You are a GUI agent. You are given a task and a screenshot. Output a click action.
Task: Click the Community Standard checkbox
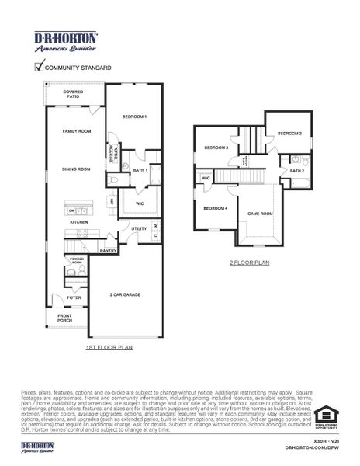click(39, 68)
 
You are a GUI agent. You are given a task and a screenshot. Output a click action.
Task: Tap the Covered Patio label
click(73, 95)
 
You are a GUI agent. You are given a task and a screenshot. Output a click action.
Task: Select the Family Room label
click(77, 132)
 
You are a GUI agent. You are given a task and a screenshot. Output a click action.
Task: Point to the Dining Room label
click(77, 169)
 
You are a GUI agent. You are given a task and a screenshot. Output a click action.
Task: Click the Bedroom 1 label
click(134, 116)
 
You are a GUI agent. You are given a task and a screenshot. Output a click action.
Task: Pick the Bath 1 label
click(140, 169)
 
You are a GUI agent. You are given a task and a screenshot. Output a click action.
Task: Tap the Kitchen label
click(80, 222)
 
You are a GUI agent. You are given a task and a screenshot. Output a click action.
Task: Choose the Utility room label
click(139, 228)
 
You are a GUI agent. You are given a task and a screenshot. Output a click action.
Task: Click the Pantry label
click(109, 251)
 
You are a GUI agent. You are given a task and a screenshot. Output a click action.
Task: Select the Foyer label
click(74, 297)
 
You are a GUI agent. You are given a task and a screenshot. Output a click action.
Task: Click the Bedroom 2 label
click(289, 133)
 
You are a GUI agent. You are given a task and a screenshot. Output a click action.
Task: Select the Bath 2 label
click(297, 170)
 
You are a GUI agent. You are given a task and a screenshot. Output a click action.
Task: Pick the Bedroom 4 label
click(216, 208)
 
